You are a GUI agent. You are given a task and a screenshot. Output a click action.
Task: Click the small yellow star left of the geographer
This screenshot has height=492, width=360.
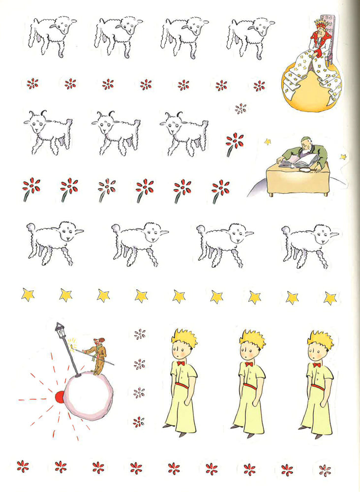point(268,142)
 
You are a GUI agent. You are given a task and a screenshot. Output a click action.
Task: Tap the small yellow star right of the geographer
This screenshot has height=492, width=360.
point(343,156)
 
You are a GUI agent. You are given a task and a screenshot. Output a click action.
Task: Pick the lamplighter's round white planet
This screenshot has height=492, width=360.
point(89,396)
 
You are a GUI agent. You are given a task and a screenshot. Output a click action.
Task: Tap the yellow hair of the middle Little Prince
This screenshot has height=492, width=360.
point(252,338)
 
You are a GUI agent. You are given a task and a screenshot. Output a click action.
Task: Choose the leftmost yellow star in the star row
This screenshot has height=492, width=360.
point(28,294)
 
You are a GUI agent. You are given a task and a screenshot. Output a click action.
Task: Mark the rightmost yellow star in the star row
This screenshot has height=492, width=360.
point(330,298)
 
